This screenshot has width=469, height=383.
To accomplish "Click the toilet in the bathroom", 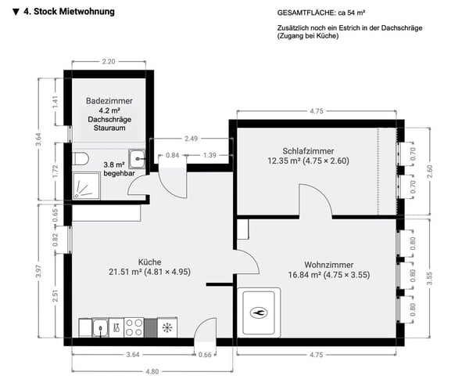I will (81, 159).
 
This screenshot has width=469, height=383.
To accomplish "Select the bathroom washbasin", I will (138, 157).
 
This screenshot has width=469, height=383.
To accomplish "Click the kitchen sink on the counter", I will (100, 327).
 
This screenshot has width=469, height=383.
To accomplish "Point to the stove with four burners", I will (133, 327).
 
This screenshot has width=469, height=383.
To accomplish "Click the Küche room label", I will (150, 262).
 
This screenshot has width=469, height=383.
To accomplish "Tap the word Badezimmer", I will (109, 101).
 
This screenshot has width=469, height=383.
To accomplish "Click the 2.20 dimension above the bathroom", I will (109, 61).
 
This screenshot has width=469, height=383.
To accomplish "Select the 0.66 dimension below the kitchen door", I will (205, 355).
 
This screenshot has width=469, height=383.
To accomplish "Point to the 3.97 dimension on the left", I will (39, 270).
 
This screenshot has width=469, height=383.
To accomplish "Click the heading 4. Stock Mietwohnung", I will (63, 12).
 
